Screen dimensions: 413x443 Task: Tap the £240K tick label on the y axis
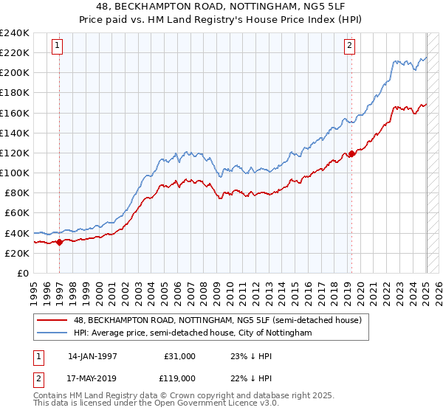tap(15, 33)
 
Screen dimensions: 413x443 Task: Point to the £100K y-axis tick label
tap(15, 173)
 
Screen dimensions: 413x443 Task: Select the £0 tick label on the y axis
tap(22, 273)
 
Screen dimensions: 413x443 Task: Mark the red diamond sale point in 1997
tap(59, 242)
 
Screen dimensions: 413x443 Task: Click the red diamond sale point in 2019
tap(352, 154)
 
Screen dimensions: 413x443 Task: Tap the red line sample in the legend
tap(52, 320)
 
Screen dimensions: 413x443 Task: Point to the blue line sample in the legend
tap(52, 333)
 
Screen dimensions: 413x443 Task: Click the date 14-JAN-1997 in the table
tap(93, 355)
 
